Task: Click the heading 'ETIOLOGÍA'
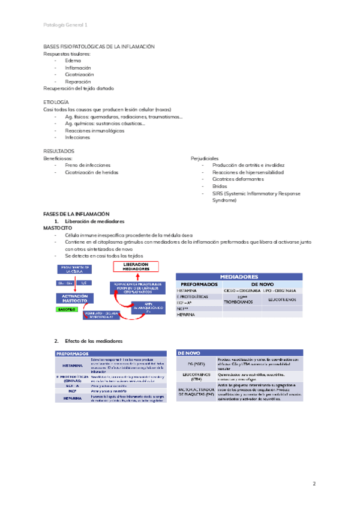click(56, 103)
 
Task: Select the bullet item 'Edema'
click(73, 61)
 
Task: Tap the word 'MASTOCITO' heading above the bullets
click(58, 228)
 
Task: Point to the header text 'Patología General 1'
click(65, 25)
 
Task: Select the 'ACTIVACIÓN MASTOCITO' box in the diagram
click(75, 298)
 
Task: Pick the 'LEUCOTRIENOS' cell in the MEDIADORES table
click(283, 298)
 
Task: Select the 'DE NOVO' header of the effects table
click(190, 354)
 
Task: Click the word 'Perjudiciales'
click(205, 158)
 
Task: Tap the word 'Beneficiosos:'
click(58, 158)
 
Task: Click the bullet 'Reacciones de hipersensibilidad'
click(248, 172)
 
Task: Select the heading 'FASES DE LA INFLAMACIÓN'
click(76, 214)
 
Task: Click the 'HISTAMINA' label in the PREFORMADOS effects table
click(72, 364)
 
